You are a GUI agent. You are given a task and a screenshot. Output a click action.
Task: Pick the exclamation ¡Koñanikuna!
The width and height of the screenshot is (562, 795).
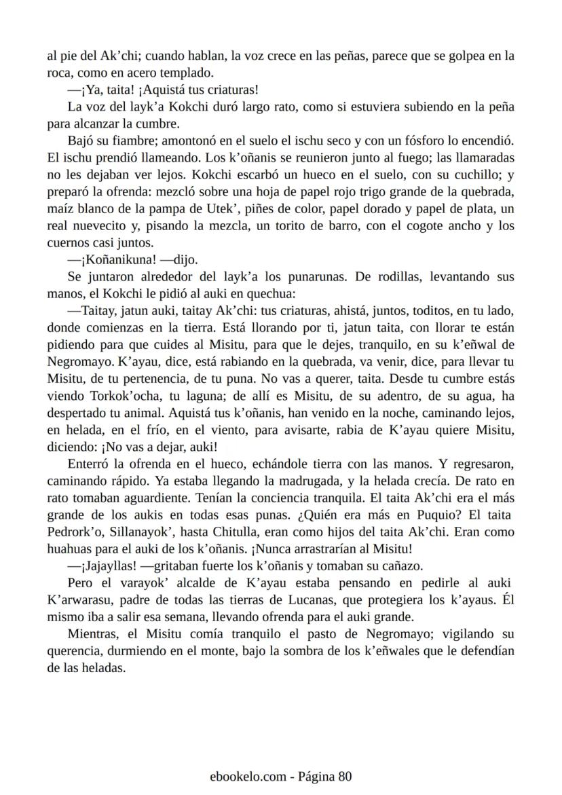coord(119,259)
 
